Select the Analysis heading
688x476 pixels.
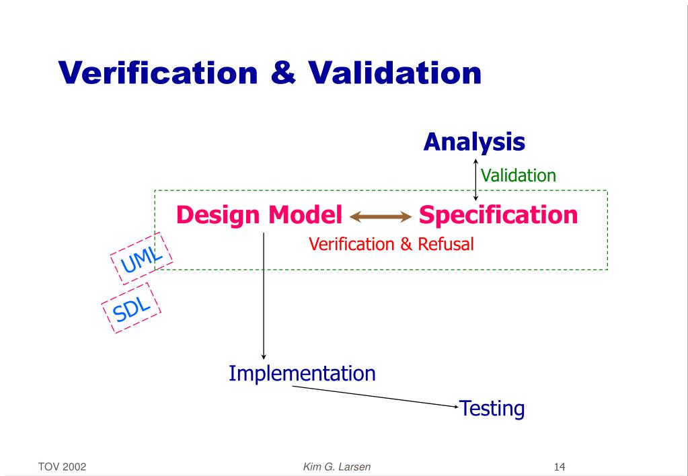[474, 142]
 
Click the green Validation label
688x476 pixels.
[518, 176]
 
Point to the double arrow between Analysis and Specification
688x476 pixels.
[476, 180]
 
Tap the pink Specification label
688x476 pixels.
[498, 215]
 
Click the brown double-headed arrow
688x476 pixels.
[380, 216]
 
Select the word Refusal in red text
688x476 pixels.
[446, 244]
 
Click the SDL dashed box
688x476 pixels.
[132, 309]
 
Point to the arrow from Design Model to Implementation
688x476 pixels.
[264, 296]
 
